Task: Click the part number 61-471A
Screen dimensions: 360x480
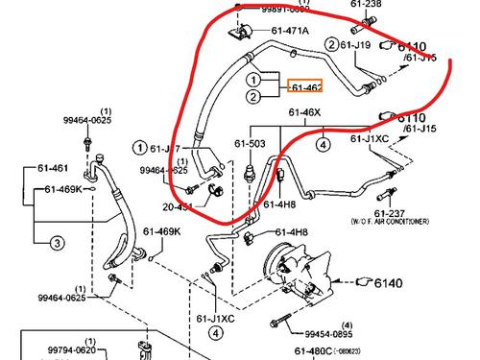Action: pos(290,31)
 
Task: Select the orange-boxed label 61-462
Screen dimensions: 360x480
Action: pos(306,87)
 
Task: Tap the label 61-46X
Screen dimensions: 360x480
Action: pos(305,112)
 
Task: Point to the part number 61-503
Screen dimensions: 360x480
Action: pos(250,145)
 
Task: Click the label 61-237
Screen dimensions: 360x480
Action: pos(393,213)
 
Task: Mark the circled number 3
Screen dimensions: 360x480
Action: pos(57,245)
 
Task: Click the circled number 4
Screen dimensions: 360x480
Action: pos(324,145)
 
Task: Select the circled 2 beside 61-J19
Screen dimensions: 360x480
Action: pos(332,44)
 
